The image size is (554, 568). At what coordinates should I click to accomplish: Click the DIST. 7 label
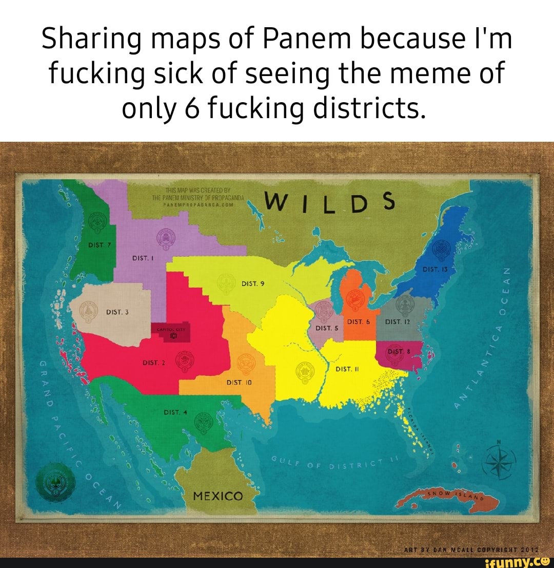click(97, 244)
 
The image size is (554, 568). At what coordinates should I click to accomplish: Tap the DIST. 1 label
click(140, 258)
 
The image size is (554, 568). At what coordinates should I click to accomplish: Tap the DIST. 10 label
click(238, 382)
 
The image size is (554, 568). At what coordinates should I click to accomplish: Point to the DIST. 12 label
click(396, 322)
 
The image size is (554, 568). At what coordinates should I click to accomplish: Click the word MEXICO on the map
click(217, 496)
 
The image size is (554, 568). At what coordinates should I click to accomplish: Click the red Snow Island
click(446, 497)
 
